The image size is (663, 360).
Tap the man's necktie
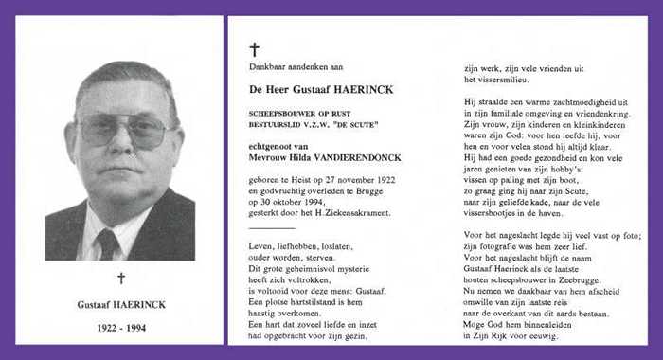tap(107, 243)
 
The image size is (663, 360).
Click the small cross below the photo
tap(120, 278)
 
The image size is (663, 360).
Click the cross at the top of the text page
tap(254, 49)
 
